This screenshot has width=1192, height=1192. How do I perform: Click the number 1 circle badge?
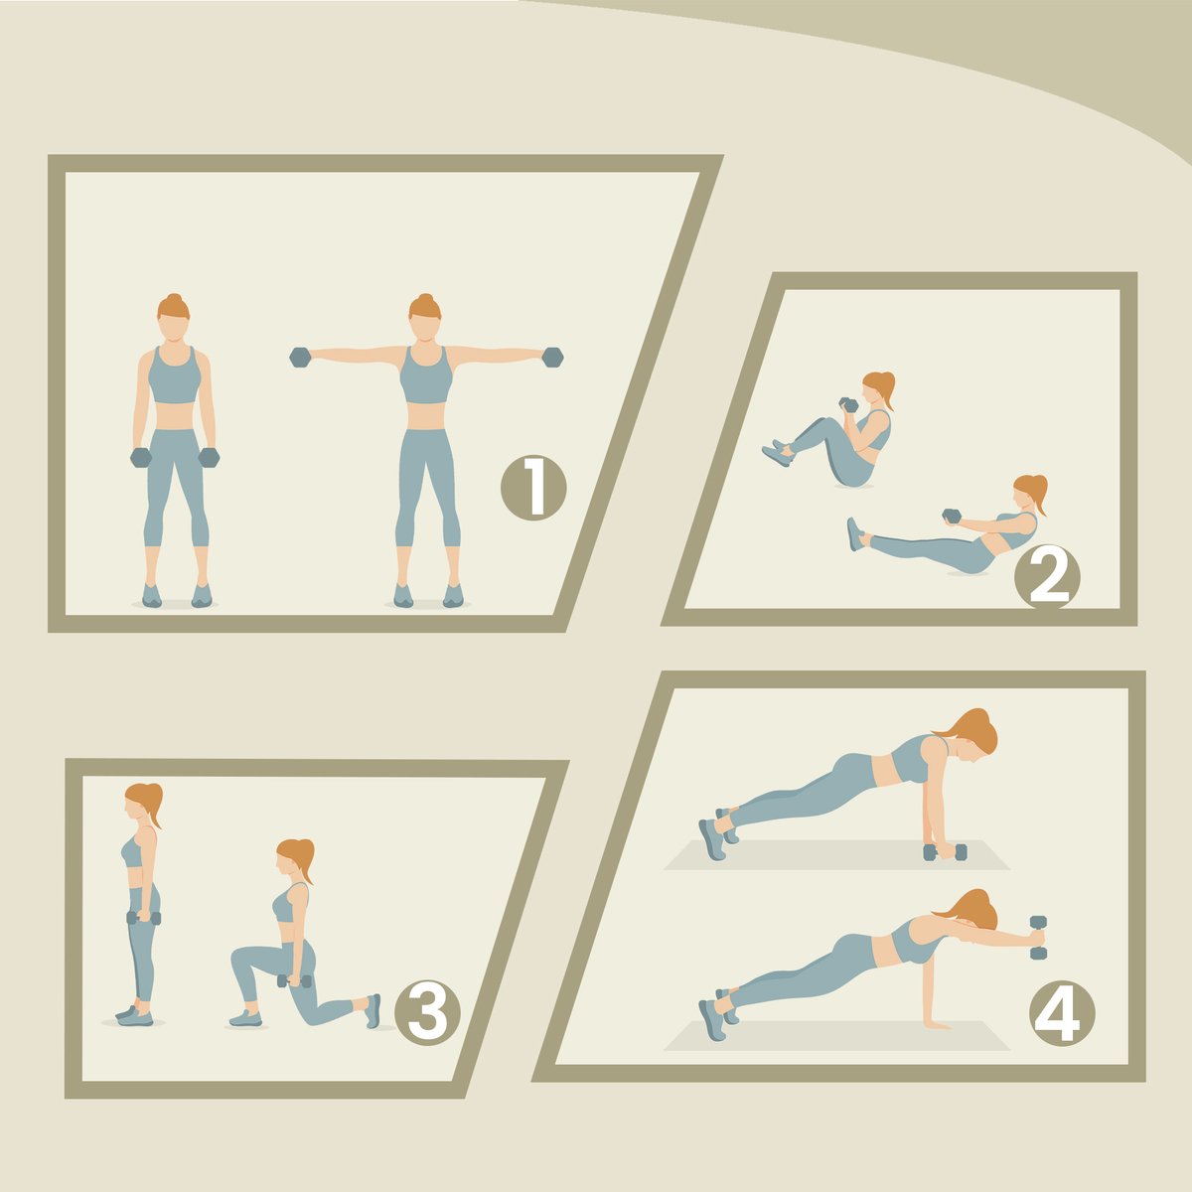[x=533, y=488]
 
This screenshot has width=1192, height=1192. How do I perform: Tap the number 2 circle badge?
[x=1047, y=577]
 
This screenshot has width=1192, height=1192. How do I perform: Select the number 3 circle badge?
[x=427, y=1012]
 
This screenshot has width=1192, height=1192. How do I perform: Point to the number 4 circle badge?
[x=1062, y=1012]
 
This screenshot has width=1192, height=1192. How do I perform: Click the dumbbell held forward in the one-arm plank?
[x=1038, y=937]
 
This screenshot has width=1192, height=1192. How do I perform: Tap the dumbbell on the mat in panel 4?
[x=945, y=851]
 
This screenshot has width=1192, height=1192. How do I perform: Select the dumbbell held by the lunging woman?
[x=294, y=981]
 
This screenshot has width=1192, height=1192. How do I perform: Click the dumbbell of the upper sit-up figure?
[x=849, y=405]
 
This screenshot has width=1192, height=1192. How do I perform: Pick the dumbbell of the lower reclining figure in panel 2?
[x=952, y=516]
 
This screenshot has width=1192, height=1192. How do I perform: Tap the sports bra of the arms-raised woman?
[x=425, y=376]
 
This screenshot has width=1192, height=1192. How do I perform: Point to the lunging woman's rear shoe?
[x=373, y=1011]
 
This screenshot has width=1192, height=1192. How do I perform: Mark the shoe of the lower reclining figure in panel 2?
[x=855, y=533]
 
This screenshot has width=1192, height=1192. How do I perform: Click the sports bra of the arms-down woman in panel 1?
[x=175, y=376]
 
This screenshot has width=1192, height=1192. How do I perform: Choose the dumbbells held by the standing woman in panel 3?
[x=143, y=918]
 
